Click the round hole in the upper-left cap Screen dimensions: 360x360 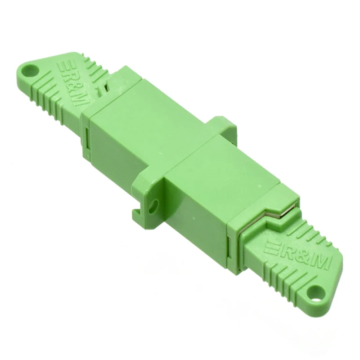pyautogui.click(x=30, y=70)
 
